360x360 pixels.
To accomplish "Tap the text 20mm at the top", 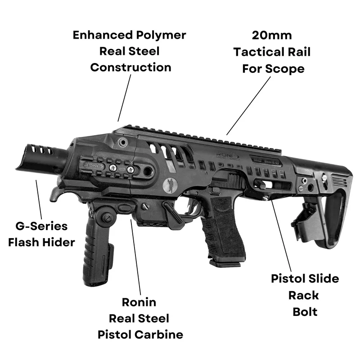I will coord(271,35).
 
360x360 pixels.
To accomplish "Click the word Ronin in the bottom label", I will coord(139,301).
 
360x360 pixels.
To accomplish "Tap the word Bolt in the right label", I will coord(305,311).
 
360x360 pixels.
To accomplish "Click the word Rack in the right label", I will coord(305,295).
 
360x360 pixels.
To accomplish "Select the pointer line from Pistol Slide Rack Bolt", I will coord(278,234).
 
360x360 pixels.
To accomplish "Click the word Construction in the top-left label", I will coord(130,67).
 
